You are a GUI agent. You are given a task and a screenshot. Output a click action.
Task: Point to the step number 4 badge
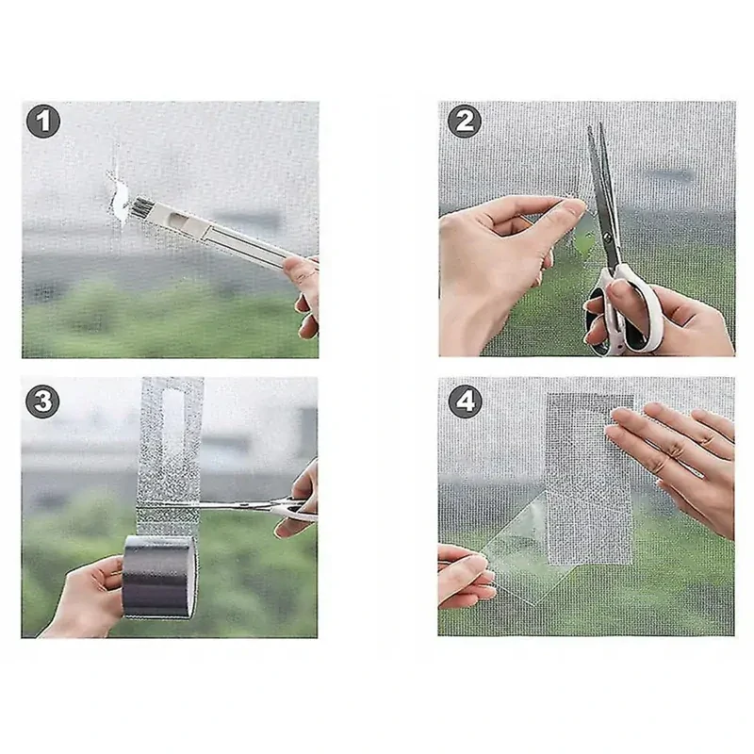463,402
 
